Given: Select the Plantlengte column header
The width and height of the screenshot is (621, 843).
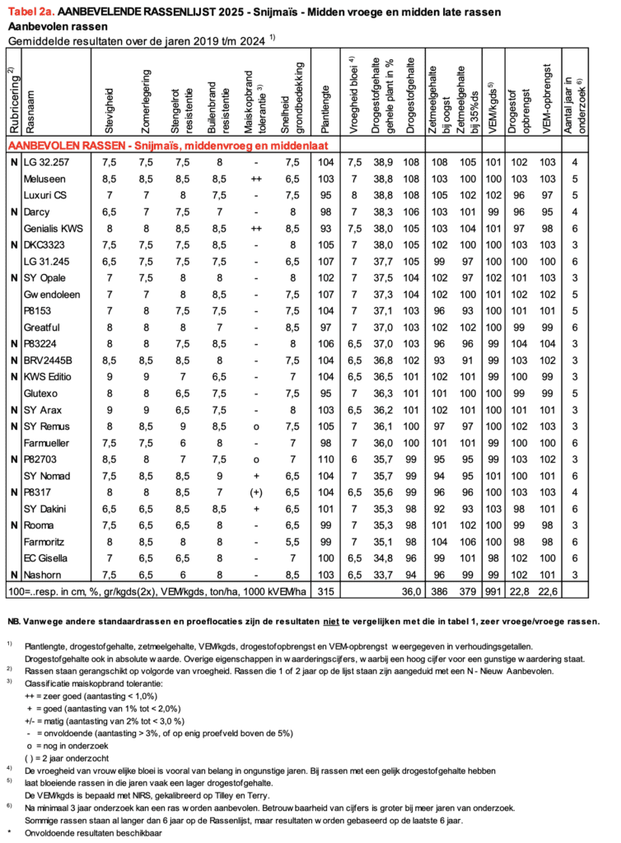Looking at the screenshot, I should point(327,106).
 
